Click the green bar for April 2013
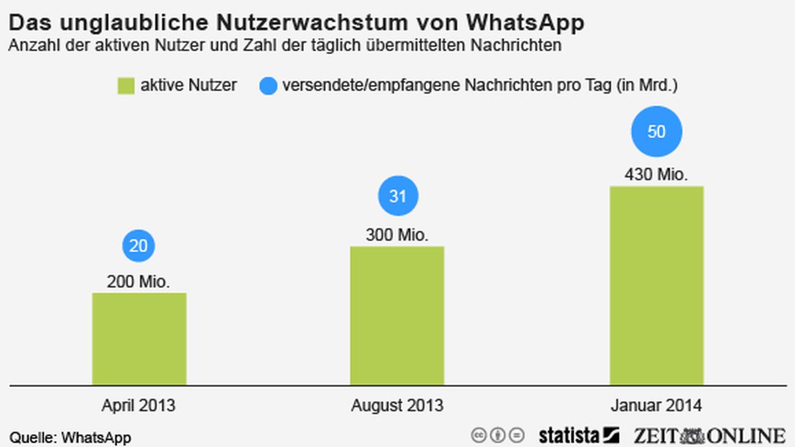pos(139,339)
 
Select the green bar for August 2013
pos(397,316)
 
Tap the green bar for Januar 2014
pos(656,286)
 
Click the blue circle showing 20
pos(139,246)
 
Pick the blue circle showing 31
pos(398,196)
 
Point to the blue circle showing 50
pos(656,131)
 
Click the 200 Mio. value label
pos(138,282)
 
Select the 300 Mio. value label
pos(397,235)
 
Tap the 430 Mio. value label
pos(656,175)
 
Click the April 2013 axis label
pos(138,405)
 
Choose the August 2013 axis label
pos(397,405)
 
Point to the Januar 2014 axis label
pos(656,405)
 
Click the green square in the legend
pos(126,86)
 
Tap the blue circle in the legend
pos(268,86)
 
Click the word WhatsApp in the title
pos(525,23)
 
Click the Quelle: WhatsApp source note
pos(70,438)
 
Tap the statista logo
pos(579,435)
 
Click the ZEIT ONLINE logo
pos(709,435)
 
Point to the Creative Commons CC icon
pos(479,435)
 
